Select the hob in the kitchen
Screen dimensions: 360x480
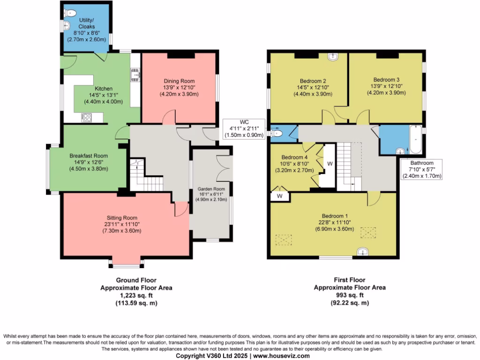[x=87, y=118]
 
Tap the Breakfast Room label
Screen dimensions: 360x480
[x=89, y=156]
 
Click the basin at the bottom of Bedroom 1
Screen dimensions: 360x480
[x=363, y=252]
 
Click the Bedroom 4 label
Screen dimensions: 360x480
[x=294, y=157]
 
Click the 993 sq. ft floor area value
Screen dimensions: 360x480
[x=349, y=295]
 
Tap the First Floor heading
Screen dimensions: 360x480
[x=349, y=280]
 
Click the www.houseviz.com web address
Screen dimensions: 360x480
[x=281, y=356]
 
